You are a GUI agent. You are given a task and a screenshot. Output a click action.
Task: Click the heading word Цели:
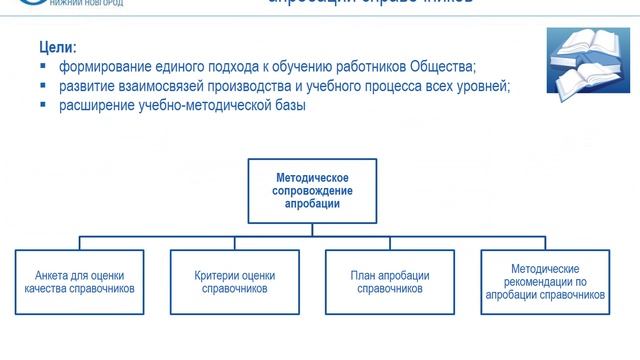(x=59, y=47)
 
